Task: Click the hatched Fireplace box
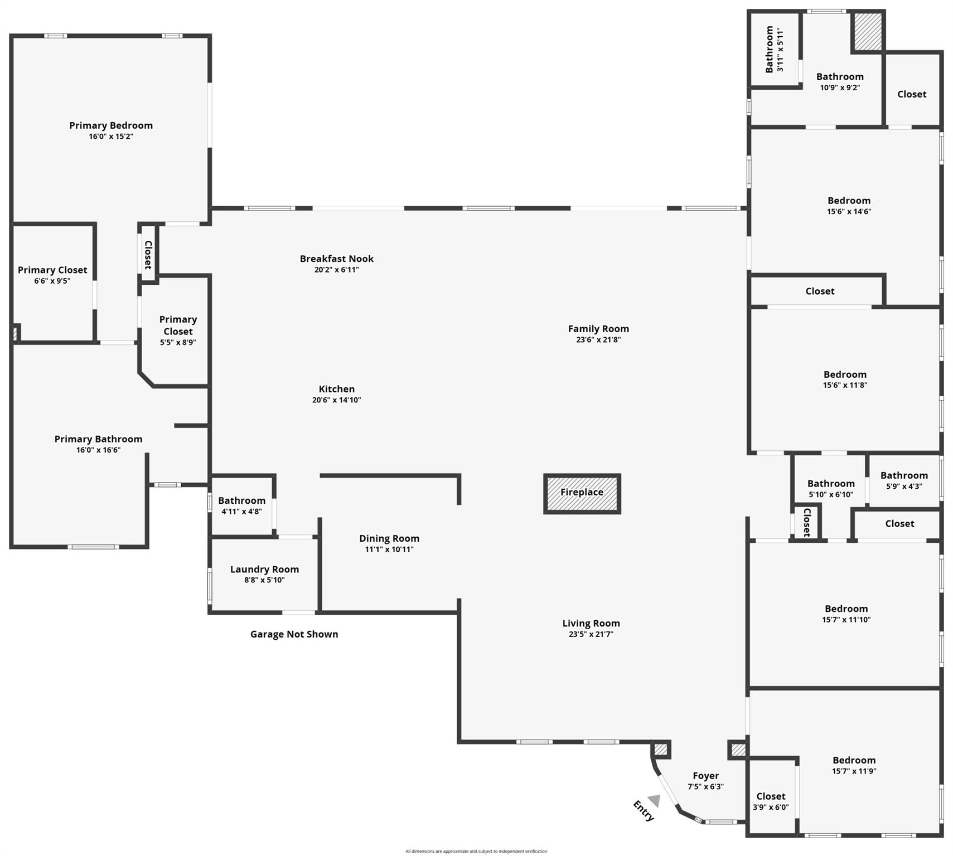(582, 493)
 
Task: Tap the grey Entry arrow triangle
(655, 800)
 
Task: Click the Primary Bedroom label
(111, 125)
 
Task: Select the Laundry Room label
(264, 569)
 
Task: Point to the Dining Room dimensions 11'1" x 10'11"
(389, 549)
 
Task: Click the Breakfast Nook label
(336, 259)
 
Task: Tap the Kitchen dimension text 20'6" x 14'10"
(336, 400)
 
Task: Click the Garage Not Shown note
(294, 634)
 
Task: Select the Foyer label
(705, 776)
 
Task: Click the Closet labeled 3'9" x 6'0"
(771, 796)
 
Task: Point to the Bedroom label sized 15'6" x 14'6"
(849, 201)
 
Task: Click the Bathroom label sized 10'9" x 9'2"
(840, 77)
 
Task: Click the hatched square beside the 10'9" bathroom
(868, 31)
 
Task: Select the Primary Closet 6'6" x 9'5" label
(52, 270)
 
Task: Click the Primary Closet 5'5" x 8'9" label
(178, 325)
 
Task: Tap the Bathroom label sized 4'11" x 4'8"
(241, 500)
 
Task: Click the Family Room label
(598, 329)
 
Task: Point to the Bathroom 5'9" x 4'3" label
(904, 475)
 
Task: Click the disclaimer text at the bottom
(476, 851)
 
